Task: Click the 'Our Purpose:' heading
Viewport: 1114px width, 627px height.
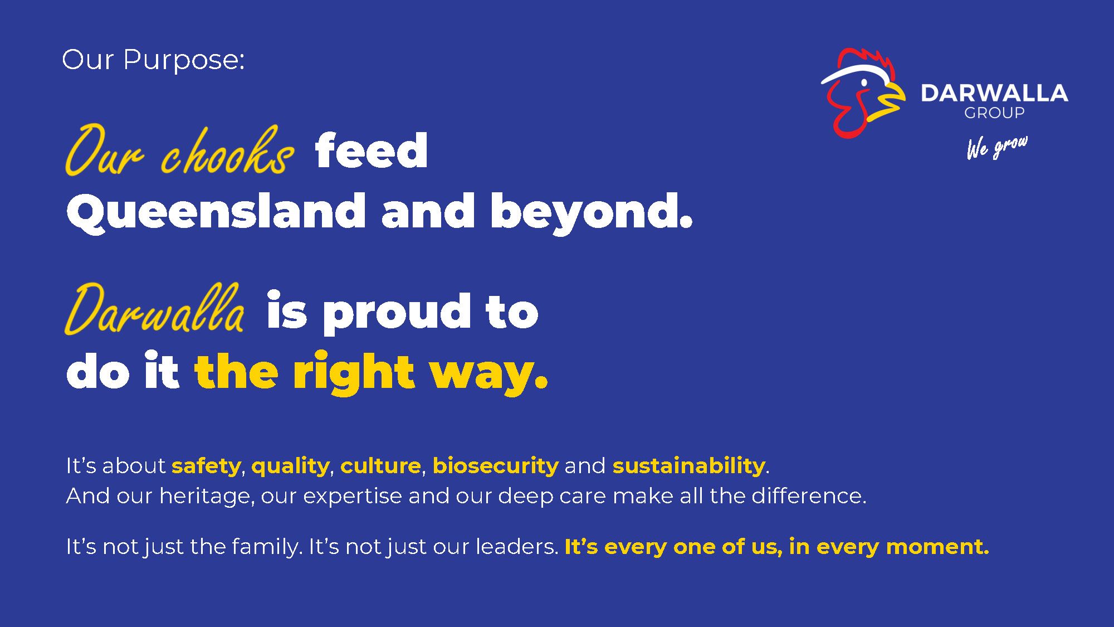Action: click(x=153, y=60)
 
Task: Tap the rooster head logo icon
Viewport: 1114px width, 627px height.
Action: click(x=863, y=93)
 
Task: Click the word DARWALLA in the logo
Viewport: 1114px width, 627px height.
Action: click(x=994, y=93)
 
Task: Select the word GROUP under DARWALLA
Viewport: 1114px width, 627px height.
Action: click(x=994, y=113)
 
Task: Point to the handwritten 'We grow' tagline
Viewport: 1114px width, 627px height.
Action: click(x=997, y=148)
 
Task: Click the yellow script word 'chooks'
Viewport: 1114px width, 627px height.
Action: click(x=227, y=150)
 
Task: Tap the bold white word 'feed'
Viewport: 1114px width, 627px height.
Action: click(x=371, y=150)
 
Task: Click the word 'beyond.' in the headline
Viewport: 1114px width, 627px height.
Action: click(x=592, y=211)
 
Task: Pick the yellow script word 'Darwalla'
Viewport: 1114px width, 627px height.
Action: click(x=154, y=309)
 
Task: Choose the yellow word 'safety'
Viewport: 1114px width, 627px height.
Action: click(x=206, y=466)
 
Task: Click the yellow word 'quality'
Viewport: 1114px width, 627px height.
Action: click(x=290, y=466)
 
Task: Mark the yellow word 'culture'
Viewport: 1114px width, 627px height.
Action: click(x=380, y=466)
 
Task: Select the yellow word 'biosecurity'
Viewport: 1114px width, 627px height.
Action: click(x=495, y=466)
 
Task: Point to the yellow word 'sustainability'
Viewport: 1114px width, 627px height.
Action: click(x=689, y=466)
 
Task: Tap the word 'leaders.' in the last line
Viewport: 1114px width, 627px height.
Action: click(x=517, y=547)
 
